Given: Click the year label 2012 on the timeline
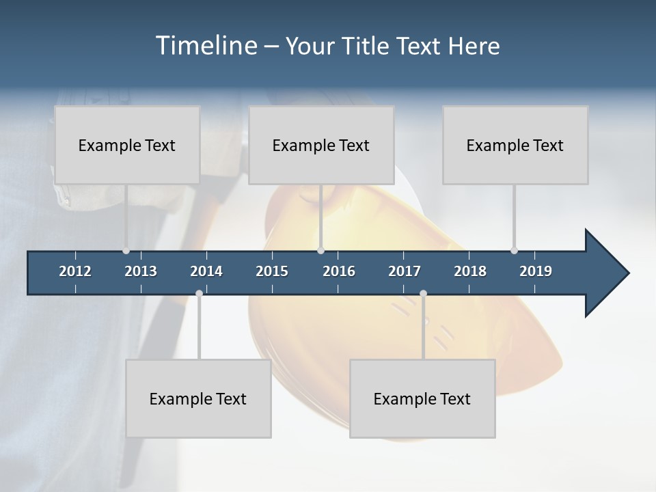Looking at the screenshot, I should click(x=75, y=271).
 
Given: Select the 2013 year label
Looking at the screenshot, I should click(x=141, y=271).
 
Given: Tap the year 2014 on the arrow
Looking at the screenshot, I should click(x=206, y=271).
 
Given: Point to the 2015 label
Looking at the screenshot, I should click(x=272, y=271).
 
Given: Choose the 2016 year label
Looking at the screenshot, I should click(x=339, y=271).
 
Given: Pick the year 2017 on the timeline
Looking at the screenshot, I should click(x=405, y=271).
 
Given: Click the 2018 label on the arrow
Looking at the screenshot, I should click(x=470, y=271).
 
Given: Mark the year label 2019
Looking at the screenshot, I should click(x=536, y=271).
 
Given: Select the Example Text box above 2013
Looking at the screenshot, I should click(x=127, y=145).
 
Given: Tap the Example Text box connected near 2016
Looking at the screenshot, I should click(x=321, y=145).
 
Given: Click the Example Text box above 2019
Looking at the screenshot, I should click(x=515, y=145).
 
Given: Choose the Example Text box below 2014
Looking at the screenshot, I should click(x=198, y=398).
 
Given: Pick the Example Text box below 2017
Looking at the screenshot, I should click(x=422, y=398).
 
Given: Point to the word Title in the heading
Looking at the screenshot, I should click(x=369, y=46).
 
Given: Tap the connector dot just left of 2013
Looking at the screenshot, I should click(x=126, y=251).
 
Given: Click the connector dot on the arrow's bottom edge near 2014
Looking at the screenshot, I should click(x=199, y=293).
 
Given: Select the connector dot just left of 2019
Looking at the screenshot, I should click(x=514, y=251).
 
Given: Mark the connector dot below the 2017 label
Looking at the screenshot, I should click(x=423, y=293).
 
